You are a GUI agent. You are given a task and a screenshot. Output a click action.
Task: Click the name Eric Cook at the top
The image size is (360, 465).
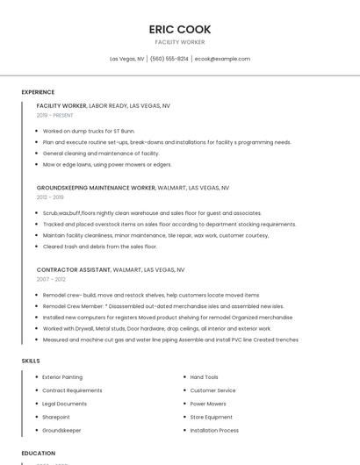tap(180, 29)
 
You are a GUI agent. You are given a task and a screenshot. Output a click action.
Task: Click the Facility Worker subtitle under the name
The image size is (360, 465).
tap(180, 42)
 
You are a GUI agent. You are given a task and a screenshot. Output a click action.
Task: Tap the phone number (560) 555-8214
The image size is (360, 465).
tap(169, 59)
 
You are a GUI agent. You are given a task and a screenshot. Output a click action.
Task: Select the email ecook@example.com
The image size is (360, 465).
tap(222, 59)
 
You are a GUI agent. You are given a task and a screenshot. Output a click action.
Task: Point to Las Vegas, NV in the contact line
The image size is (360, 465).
tap(126, 59)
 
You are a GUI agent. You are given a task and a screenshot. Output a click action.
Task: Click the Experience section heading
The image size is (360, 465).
tap(38, 92)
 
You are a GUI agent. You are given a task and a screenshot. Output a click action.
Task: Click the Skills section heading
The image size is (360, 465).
tap(31, 361)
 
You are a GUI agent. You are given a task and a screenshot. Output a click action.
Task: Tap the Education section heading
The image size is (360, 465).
tap(39, 454)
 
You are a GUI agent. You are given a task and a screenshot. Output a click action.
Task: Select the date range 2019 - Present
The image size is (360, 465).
tap(54, 115)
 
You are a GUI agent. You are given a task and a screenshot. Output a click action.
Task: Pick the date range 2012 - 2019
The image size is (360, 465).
tap(50, 197)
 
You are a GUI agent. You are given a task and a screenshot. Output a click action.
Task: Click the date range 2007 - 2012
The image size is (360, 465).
tap(51, 280)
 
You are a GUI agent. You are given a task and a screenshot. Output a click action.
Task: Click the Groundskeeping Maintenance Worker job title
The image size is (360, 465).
tap(96, 188)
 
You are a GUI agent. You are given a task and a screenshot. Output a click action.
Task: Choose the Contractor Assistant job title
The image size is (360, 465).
tap(74, 270)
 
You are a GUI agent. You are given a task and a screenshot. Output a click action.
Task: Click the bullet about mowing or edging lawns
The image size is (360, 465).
tap(106, 164)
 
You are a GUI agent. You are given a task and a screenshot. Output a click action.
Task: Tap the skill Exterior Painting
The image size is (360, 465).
tap(62, 377)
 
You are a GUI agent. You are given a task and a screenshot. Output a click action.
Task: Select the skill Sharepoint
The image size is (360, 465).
tap(56, 417)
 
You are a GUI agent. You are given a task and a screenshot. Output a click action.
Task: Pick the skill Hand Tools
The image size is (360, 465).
tap(204, 377)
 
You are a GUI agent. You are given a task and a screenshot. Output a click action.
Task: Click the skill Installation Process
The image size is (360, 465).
tap(214, 431)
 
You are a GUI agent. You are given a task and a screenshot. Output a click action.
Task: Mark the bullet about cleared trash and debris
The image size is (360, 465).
tap(99, 247)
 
